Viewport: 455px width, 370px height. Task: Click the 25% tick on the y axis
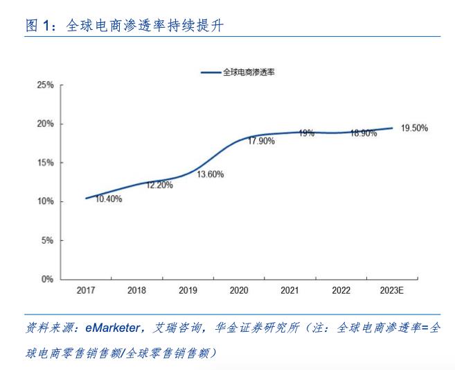click(x=45, y=85)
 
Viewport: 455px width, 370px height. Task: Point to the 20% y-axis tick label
click(x=45, y=124)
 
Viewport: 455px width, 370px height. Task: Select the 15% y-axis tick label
click(x=45, y=163)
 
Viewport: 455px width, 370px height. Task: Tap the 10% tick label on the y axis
click(x=45, y=202)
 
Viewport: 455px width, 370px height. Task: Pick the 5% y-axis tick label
click(x=47, y=241)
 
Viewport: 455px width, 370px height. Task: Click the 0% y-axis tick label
click(x=47, y=280)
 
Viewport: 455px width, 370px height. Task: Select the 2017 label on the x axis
click(x=87, y=292)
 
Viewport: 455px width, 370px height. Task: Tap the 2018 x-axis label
click(x=137, y=292)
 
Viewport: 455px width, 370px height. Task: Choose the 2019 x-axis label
click(x=188, y=292)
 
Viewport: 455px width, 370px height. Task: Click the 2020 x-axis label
click(x=239, y=292)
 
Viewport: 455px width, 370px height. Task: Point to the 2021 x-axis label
click(x=290, y=292)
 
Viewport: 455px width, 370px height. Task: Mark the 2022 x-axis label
click(x=341, y=292)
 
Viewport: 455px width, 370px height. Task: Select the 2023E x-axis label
click(x=392, y=292)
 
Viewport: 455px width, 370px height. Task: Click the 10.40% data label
click(x=109, y=199)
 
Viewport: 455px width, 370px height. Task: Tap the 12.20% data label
click(x=159, y=185)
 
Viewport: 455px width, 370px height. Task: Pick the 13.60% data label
click(x=211, y=174)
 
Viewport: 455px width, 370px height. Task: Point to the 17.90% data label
click(x=261, y=141)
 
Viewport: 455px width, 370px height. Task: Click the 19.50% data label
click(x=414, y=128)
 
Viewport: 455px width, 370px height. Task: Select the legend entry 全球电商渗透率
click(x=249, y=72)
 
